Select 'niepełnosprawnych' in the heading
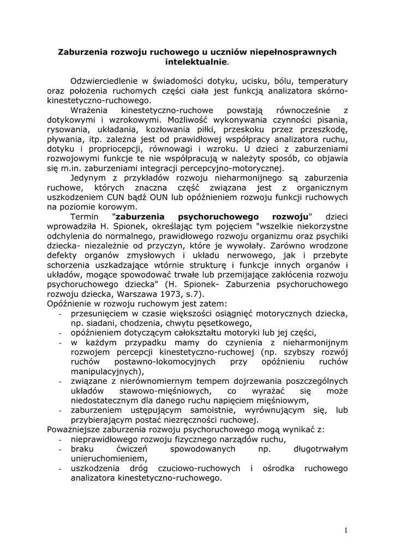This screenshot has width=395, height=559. [x=290, y=52]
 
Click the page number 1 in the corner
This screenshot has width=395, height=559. [x=346, y=531]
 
